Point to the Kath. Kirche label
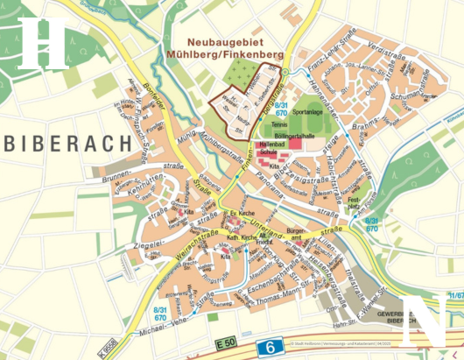[x=243, y=236]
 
